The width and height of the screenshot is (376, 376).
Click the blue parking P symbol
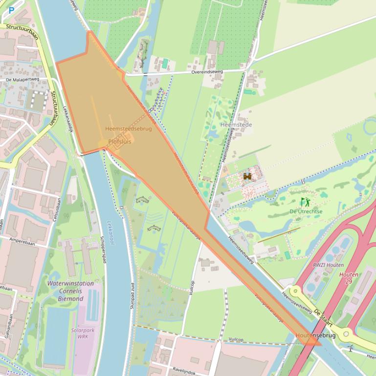[11, 10]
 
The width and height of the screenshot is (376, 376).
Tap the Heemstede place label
[236, 125]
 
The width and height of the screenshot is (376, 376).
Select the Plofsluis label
[120, 142]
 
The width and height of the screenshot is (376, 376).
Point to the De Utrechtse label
[306, 211]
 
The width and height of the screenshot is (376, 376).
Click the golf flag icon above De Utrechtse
[305, 202]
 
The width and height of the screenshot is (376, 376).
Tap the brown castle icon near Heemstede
[247, 176]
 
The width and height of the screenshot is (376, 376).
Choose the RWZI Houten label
[328, 265]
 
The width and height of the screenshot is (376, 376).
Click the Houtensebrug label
[315, 335]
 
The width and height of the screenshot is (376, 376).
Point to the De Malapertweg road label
[22, 79]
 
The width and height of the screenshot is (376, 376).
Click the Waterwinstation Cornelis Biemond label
[70, 291]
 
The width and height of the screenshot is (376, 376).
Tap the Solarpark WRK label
[83, 334]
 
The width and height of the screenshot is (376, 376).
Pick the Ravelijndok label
[183, 371]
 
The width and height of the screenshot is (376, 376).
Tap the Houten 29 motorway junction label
[349, 278]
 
